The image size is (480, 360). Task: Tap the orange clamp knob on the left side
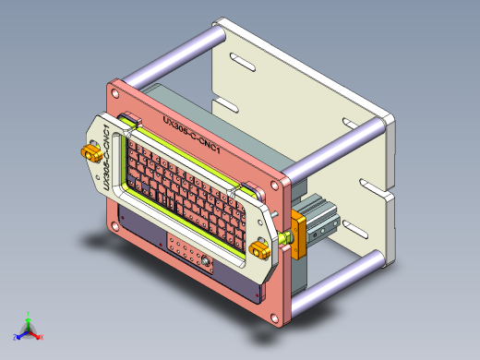click(92, 152)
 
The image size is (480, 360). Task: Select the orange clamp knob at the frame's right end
click(261, 247)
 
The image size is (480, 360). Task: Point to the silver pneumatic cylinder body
click(325, 214)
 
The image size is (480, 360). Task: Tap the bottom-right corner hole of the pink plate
click(279, 319)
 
